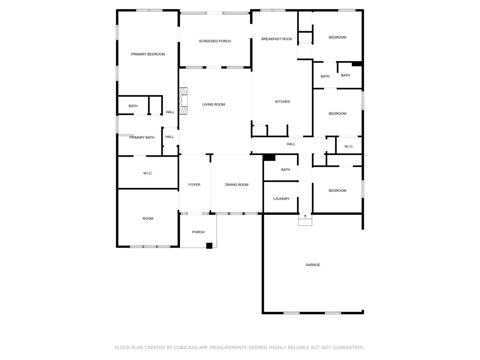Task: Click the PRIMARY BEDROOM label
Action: tap(148, 54)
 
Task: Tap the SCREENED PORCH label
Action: tap(215, 41)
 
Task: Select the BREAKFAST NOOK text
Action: tap(277, 39)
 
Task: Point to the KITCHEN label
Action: tap(282, 101)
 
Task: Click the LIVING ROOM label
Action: tap(213, 105)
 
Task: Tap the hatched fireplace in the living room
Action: tap(183, 101)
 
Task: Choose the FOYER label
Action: tap(194, 185)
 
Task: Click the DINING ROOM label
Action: tap(237, 185)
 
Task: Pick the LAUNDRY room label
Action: tap(281, 199)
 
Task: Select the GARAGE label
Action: tap(313, 265)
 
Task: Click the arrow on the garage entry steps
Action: tap(305, 217)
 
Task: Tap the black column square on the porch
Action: tap(209, 246)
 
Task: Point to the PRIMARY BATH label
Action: tap(142, 138)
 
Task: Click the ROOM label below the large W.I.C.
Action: tap(148, 219)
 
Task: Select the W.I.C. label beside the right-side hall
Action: tap(349, 147)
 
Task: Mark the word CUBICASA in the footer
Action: tap(186, 348)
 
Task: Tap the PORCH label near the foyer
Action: tap(198, 232)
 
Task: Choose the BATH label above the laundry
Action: tap(286, 169)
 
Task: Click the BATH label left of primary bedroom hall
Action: tap(133, 106)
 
